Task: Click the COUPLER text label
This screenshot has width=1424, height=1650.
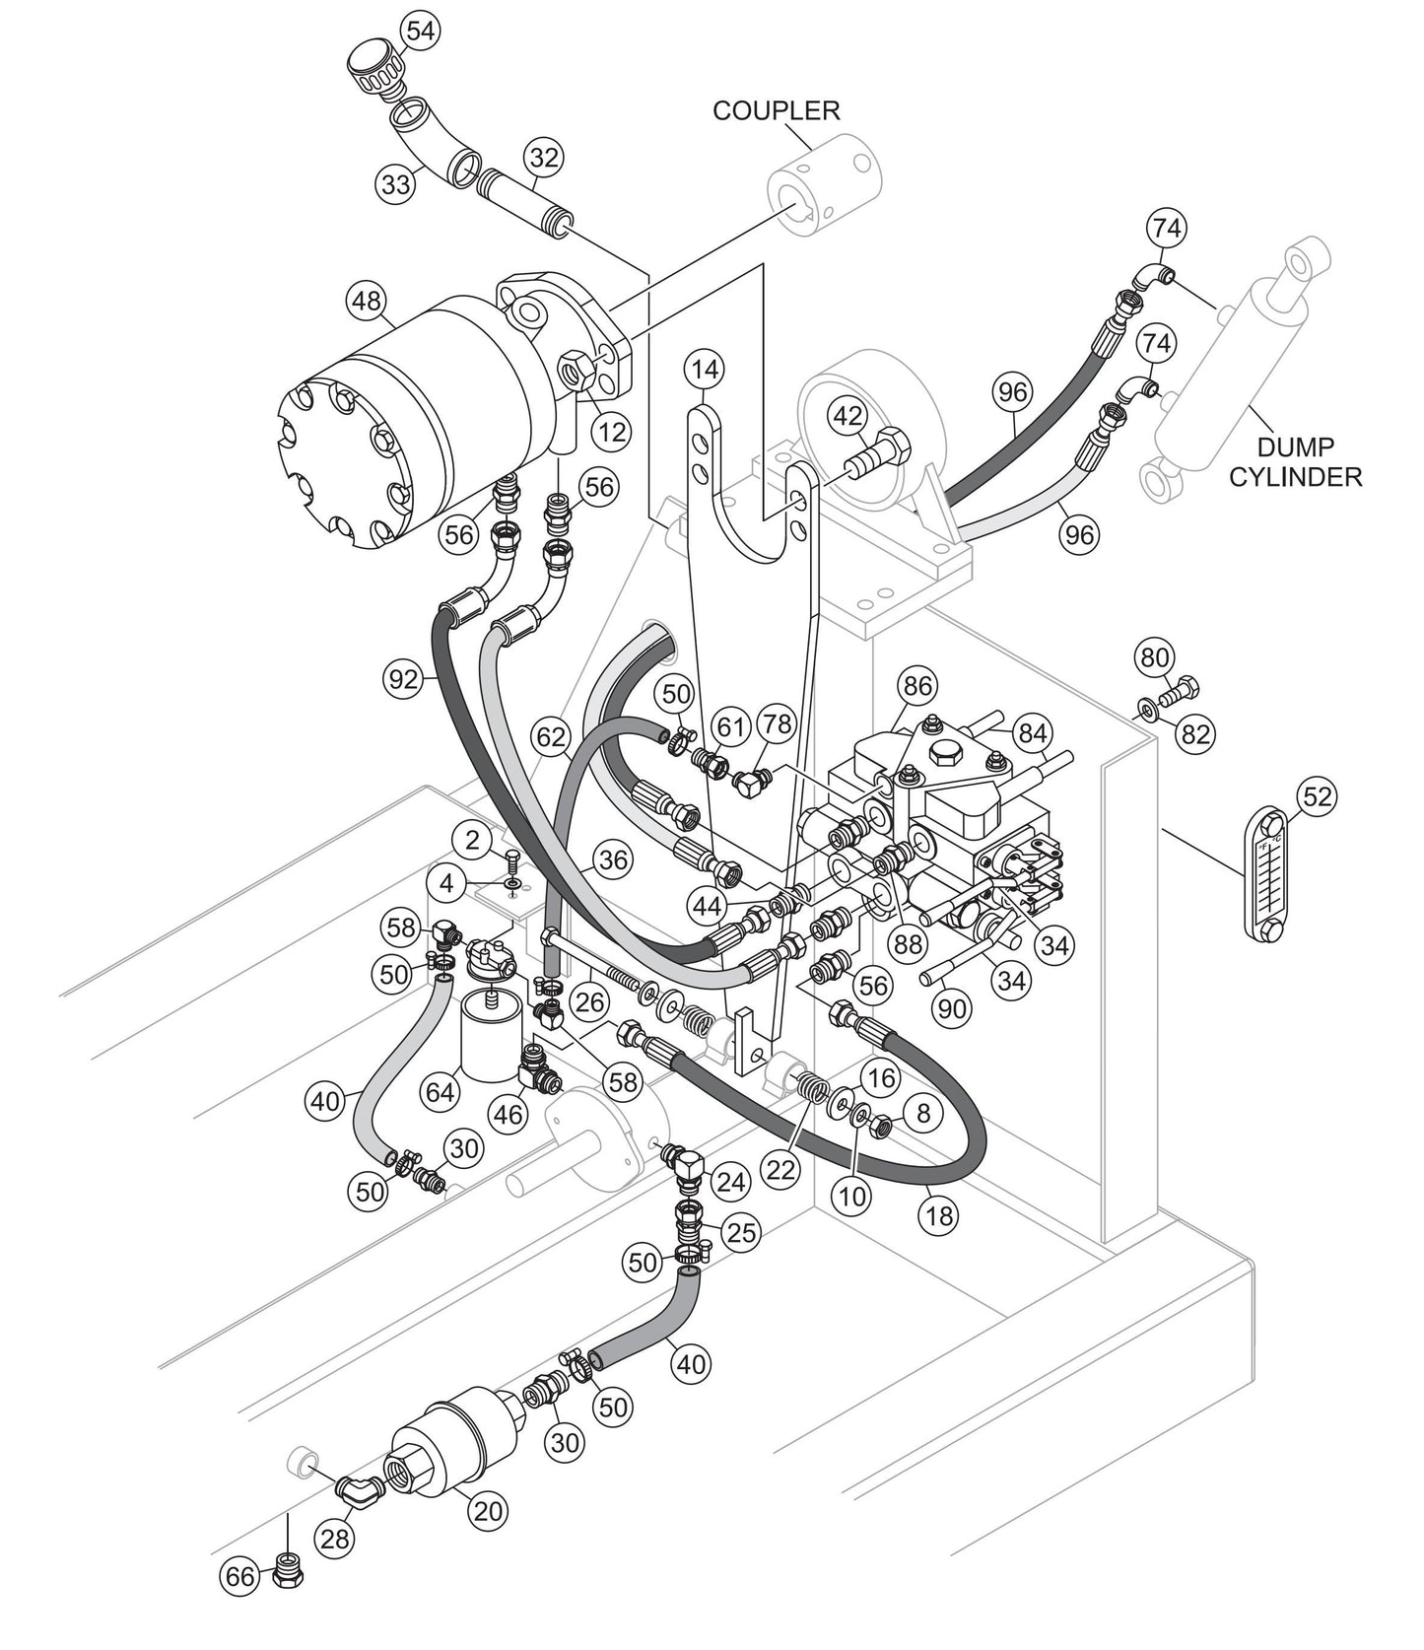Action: click(777, 109)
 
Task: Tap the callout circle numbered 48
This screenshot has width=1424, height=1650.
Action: click(367, 302)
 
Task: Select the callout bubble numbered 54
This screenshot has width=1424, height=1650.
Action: click(420, 31)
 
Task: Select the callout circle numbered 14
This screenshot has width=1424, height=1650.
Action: click(706, 370)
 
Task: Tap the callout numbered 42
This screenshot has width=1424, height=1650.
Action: click(848, 416)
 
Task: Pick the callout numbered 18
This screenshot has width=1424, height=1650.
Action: click(940, 1215)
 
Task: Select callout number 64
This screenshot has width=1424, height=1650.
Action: click(440, 1091)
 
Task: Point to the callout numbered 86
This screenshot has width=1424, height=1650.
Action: click(916, 686)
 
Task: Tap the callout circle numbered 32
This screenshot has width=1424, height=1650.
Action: click(543, 158)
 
